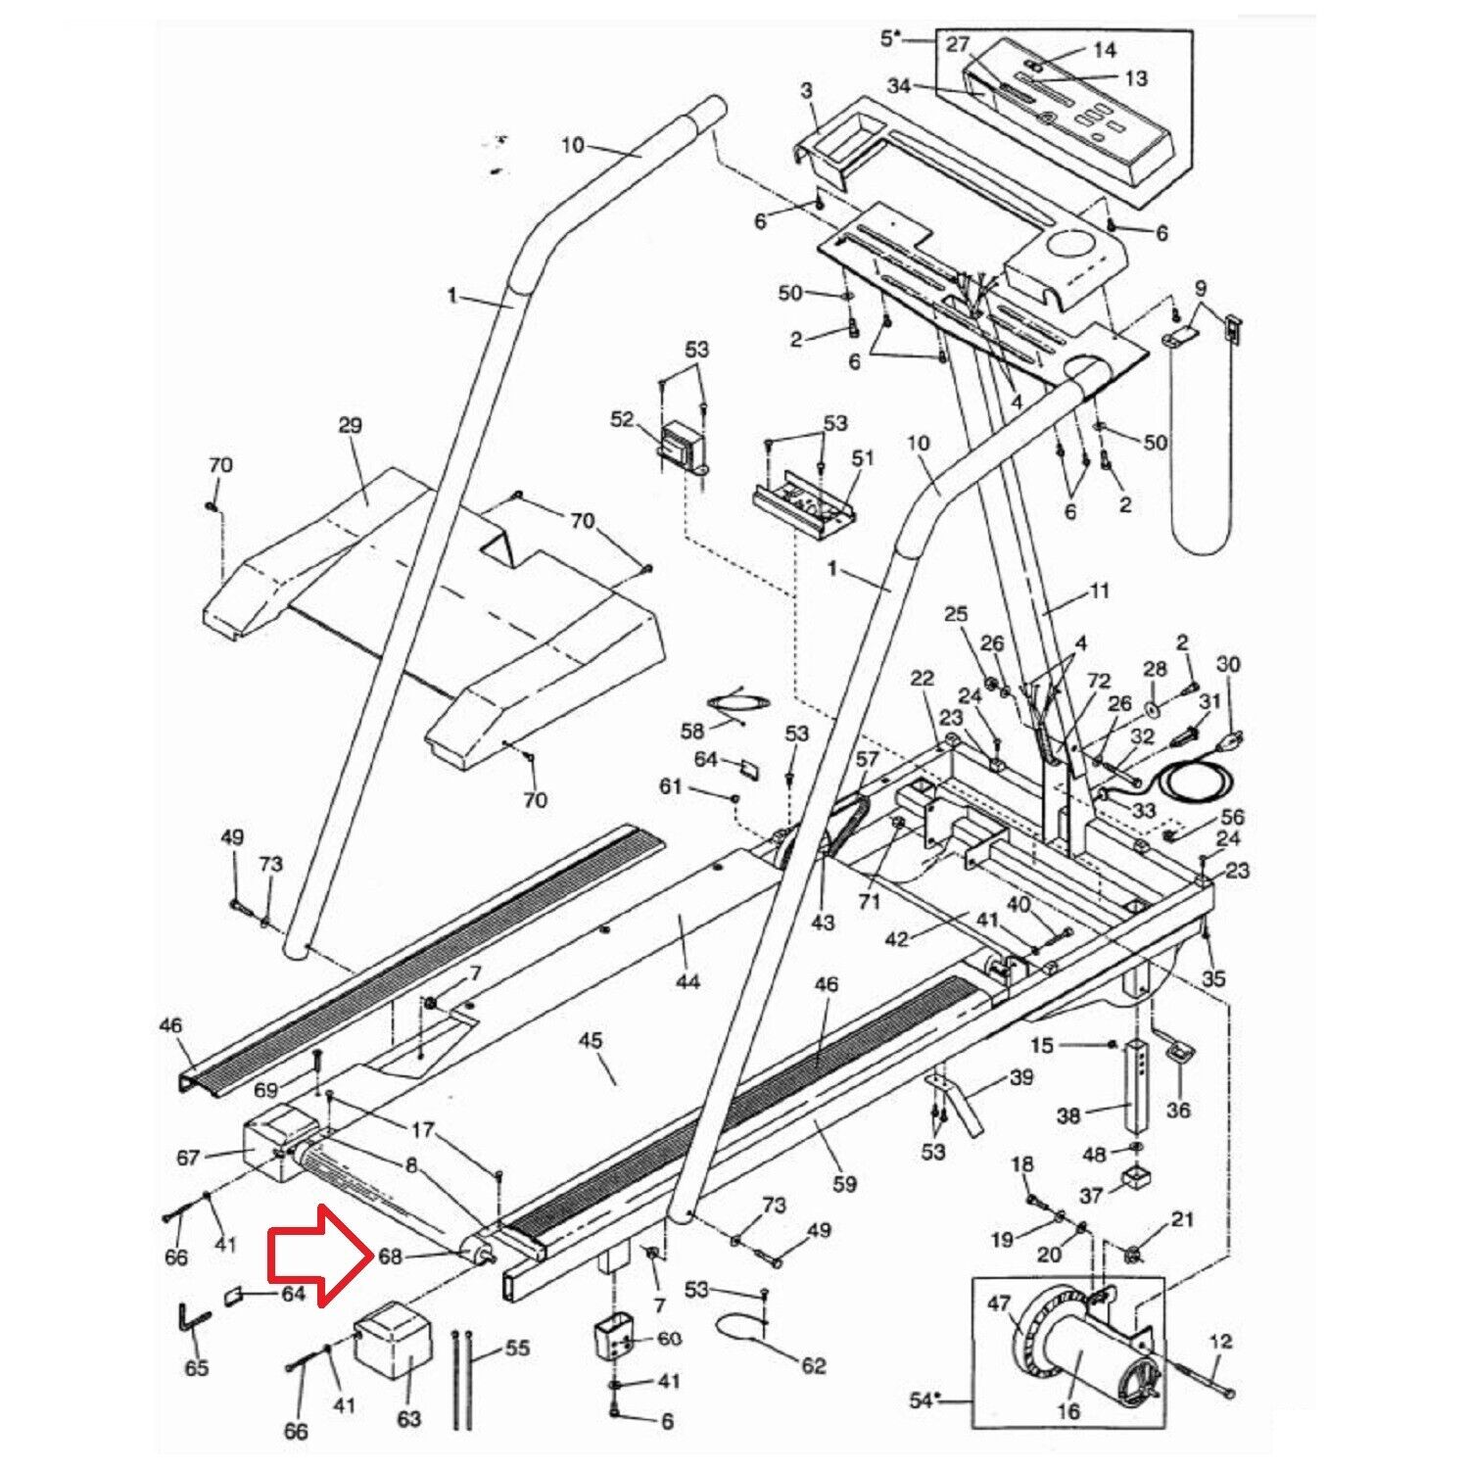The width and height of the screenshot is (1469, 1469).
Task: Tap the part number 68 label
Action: click(391, 1256)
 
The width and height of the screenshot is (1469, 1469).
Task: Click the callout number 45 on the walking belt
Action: click(591, 1041)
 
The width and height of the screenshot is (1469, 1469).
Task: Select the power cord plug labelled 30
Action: click(1228, 737)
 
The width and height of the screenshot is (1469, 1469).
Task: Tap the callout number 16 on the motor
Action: click(1068, 1411)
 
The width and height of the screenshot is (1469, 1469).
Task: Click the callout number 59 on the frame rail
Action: click(843, 1184)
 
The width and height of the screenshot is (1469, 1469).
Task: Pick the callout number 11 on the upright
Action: click(1099, 592)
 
